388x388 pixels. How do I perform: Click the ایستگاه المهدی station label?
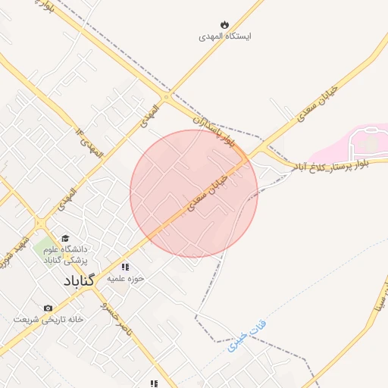point(225,36)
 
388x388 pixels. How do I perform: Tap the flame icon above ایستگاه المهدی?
point(225,23)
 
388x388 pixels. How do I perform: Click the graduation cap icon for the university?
point(64,238)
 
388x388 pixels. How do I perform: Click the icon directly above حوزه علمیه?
point(125,267)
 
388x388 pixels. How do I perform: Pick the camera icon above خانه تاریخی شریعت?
point(48,308)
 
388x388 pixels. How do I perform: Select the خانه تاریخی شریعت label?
point(48,319)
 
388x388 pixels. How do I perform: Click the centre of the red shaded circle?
point(194,193)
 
